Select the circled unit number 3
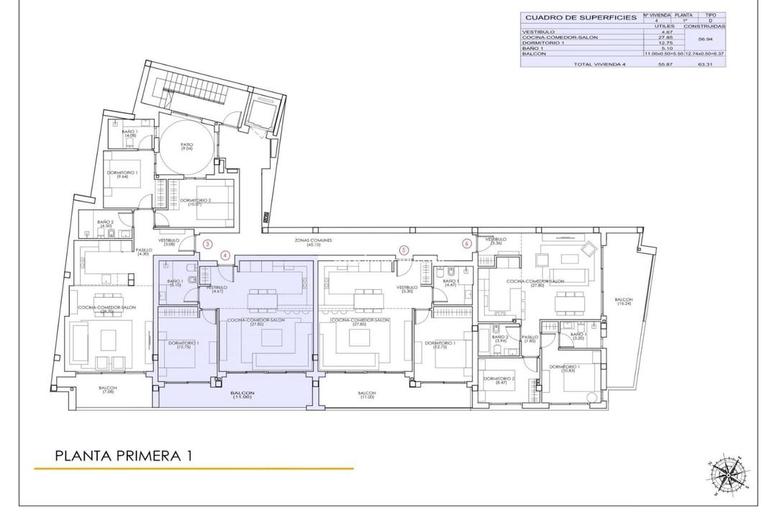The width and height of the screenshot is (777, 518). pos(207,245)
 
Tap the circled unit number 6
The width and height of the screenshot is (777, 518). pos(467,244)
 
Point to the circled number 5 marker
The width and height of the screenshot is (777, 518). pos(404,250)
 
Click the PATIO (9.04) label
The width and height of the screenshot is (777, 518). pos(187,146)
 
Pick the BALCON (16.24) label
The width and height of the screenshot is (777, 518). pos(624,301)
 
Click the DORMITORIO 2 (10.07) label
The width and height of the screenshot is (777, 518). pos(196,202)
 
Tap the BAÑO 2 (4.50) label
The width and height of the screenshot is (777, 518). pos(106,224)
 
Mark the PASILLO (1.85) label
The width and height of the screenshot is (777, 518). pos(530,338)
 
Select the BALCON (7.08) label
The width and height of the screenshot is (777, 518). pos(109,391)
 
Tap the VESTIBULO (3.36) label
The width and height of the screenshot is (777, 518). pos(496,241)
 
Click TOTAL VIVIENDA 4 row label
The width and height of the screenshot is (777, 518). pos(600,63)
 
